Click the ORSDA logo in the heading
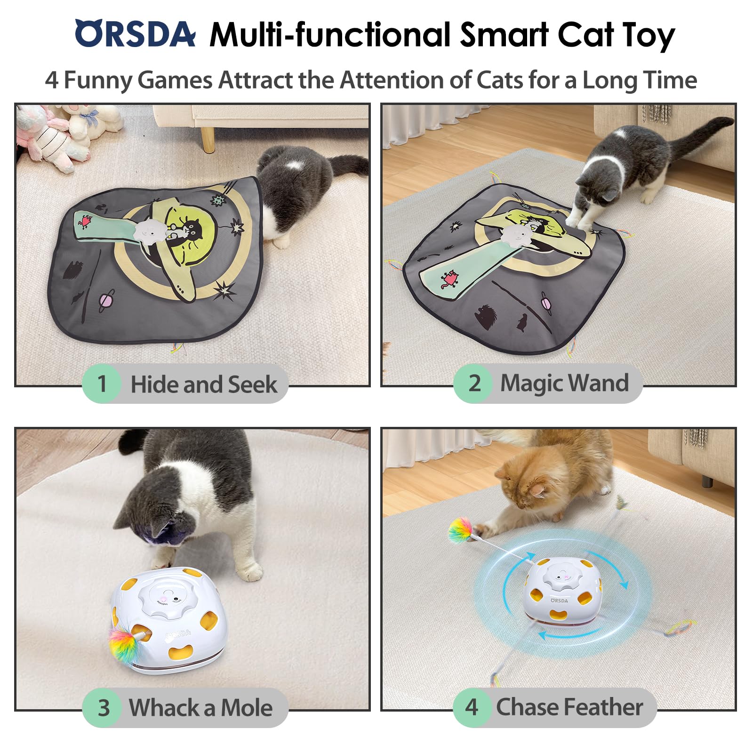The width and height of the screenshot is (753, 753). click(x=135, y=34)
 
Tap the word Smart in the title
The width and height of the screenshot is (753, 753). click(x=504, y=35)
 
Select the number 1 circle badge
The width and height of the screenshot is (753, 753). click(x=102, y=384)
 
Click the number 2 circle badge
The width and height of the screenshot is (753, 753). click(x=474, y=383)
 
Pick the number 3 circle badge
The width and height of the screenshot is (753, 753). click(x=103, y=708)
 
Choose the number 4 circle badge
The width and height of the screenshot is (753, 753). click(x=472, y=707)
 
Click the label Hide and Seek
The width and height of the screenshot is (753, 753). click(x=204, y=384)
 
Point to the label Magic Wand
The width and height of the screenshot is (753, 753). click(x=564, y=383)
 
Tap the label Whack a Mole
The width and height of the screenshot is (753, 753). click(x=201, y=708)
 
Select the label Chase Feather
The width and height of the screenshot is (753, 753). click(x=569, y=707)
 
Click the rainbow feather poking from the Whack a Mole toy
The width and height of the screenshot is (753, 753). click(x=124, y=645)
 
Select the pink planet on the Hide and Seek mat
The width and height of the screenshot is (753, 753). click(x=105, y=301)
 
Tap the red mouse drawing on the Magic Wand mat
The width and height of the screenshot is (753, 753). click(x=449, y=279)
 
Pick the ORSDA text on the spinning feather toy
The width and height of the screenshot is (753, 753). click(x=559, y=601)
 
